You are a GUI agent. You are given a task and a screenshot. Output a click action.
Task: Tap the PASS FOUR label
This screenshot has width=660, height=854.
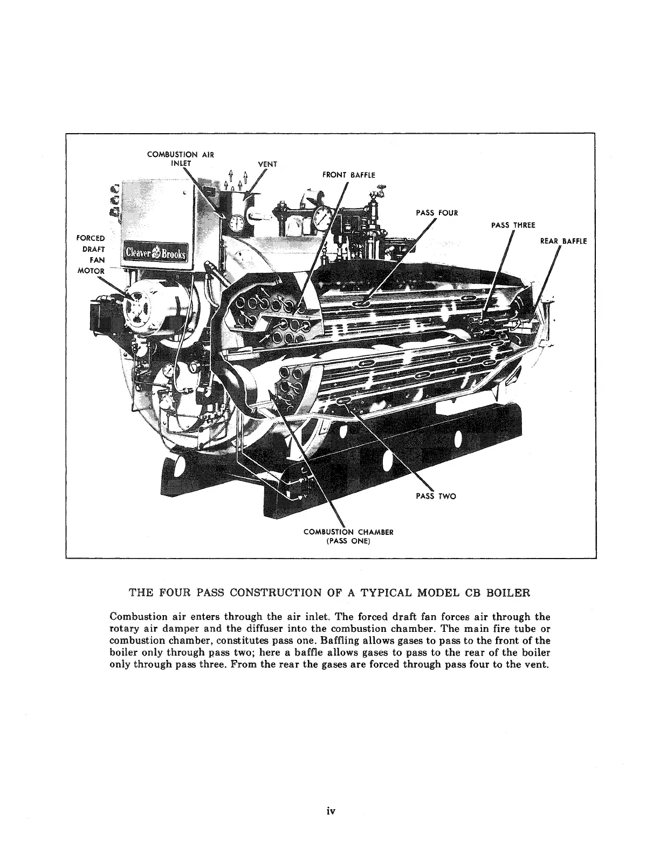[x=436, y=212]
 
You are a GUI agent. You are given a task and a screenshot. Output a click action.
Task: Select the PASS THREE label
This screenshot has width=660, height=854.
[x=513, y=225]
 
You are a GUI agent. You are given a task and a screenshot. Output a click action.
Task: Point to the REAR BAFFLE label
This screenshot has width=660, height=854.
[x=563, y=241]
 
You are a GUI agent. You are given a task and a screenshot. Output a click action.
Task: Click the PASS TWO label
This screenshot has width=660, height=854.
[x=436, y=496]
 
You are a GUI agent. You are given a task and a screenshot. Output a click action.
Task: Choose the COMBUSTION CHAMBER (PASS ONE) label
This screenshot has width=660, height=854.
[x=348, y=536]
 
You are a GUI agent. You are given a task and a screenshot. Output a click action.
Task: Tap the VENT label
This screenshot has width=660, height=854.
[x=267, y=164]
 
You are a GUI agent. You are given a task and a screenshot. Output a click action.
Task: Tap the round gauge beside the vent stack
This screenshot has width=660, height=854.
[x=237, y=223]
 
